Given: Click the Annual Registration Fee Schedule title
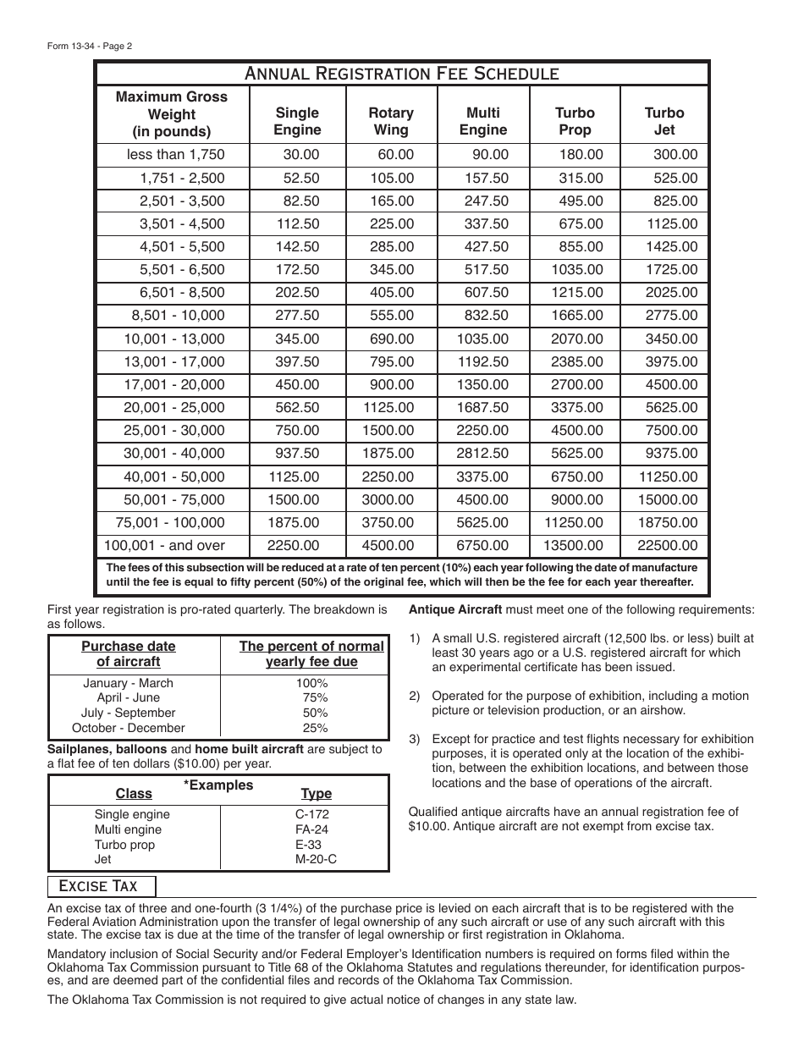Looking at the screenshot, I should tap(401, 73).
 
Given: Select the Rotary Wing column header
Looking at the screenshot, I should tap(391, 121).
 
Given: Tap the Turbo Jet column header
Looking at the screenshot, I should tap(664, 121).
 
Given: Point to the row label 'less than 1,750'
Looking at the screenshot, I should tap(175, 155).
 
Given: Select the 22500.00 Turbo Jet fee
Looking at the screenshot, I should tap(671, 546).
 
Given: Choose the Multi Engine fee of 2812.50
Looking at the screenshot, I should tap(482, 454).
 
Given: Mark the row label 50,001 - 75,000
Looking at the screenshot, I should tap(174, 500).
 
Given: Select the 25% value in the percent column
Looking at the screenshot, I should tap(315, 728).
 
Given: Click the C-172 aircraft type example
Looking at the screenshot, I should tap(306, 814).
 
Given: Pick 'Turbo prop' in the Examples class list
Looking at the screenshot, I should tap(124, 845).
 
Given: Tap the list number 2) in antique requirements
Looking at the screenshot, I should tap(415, 696).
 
